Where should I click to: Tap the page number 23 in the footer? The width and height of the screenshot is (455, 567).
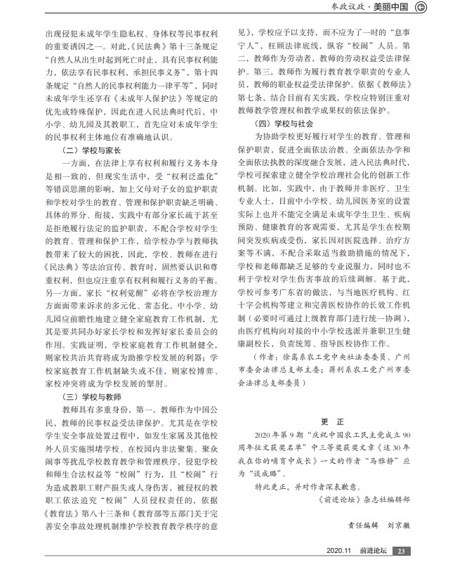(x=401, y=551)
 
